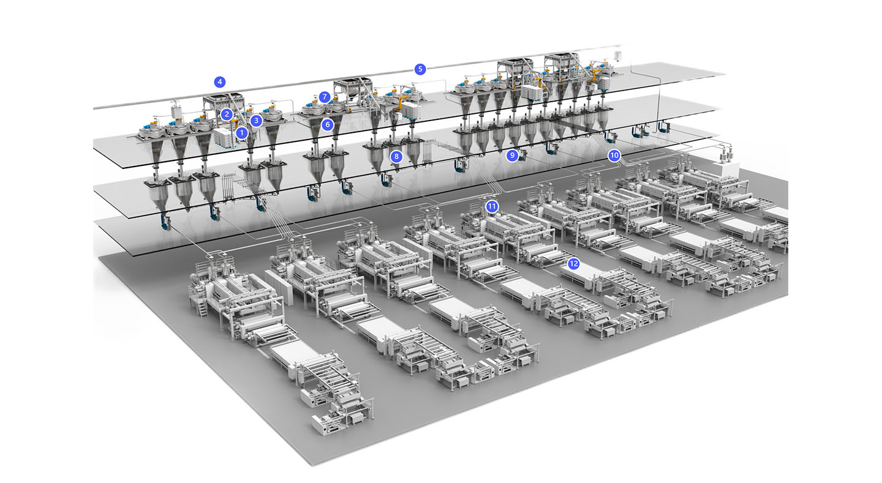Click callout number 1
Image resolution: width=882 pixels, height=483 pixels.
tap(242, 133)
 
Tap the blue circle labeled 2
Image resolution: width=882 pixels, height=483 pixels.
tap(227, 114)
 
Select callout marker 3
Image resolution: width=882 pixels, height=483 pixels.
tap(256, 121)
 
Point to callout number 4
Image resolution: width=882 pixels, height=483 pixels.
tap(220, 82)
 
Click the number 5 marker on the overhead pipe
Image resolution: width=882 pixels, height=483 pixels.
tap(420, 69)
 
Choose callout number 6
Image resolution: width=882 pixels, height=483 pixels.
tap(327, 125)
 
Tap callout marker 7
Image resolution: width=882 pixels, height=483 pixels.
tap(325, 97)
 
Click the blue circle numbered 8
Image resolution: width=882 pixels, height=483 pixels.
tap(396, 157)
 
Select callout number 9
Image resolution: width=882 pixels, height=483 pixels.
tap(512, 155)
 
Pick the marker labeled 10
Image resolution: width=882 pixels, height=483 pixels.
tap(614, 155)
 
